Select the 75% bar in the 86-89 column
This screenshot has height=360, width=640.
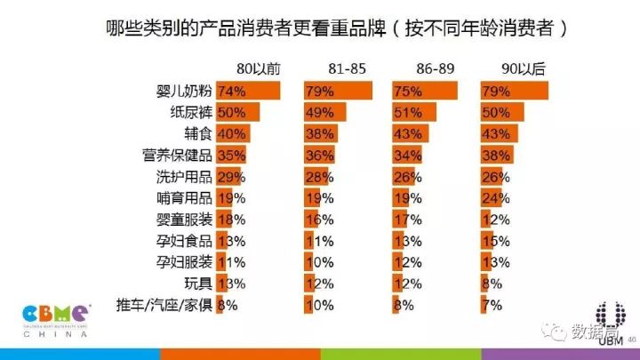pyautogui.click(x=425, y=91)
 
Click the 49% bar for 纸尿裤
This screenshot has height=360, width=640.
pyautogui.click(x=324, y=112)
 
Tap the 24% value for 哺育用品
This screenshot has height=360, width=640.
pyautogui.click(x=500, y=197)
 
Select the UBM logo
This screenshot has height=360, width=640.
pyautogui.click(x=608, y=324)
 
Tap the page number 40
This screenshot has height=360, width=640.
pyautogui.click(x=631, y=339)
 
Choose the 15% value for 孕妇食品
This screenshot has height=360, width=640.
pyautogui.click(x=500, y=240)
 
